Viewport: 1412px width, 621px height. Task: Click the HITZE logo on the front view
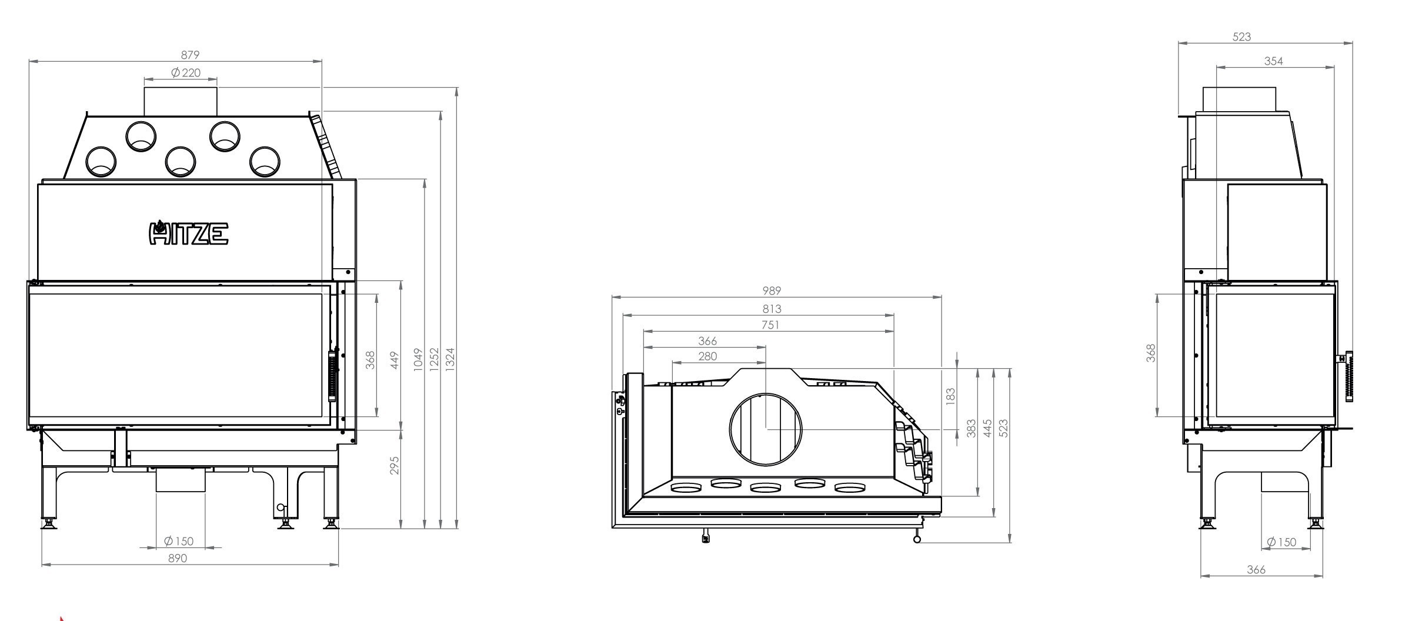[x=188, y=233]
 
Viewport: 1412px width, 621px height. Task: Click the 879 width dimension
[x=190, y=55]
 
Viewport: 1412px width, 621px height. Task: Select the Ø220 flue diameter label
[x=186, y=73]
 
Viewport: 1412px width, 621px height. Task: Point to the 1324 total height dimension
[x=450, y=359]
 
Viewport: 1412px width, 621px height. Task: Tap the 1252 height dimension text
[x=434, y=359]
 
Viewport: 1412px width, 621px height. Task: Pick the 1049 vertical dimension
[x=418, y=359]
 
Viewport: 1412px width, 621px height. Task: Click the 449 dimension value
[x=395, y=360]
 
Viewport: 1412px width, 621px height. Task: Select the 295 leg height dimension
[x=395, y=465]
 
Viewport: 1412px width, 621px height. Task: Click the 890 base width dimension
[x=177, y=558]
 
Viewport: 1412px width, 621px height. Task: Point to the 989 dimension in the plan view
[x=772, y=291]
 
